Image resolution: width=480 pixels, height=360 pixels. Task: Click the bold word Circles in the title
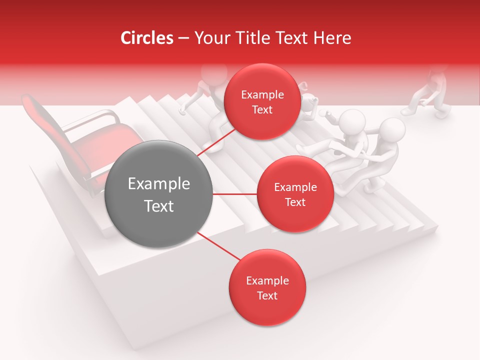click(146, 38)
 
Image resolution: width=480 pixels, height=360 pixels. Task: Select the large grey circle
click(159, 194)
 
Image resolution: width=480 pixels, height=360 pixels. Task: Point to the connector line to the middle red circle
click(234, 194)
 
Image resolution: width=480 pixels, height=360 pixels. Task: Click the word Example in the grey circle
click(159, 184)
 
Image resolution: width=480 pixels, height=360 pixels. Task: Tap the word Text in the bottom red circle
click(267, 295)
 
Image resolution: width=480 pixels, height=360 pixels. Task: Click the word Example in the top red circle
click(262, 95)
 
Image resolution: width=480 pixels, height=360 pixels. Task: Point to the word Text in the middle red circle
click(295, 202)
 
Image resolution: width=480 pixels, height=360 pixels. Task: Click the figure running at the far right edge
click(430, 92)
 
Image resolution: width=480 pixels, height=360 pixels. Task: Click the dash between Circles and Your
click(183, 38)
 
